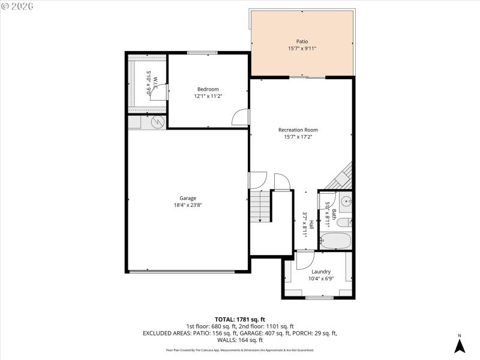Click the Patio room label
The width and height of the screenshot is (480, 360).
[x=302, y=41]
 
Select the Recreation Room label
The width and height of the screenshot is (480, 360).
[x=298, y=130]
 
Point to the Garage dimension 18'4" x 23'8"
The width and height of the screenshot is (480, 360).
[x=188, y=205]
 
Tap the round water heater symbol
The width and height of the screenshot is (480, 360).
[x=158, y=122]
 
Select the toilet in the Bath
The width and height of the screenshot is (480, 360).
[x=344, y=223]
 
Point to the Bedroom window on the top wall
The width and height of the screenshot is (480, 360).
[x=202, y=53]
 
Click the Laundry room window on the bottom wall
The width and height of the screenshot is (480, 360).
[x=319, y=298]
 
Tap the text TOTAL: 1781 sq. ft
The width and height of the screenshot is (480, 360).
[x=240, y=319]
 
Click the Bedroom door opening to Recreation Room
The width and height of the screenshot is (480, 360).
[x=241, y=118]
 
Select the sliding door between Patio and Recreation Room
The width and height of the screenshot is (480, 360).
[x=307, y=77]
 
